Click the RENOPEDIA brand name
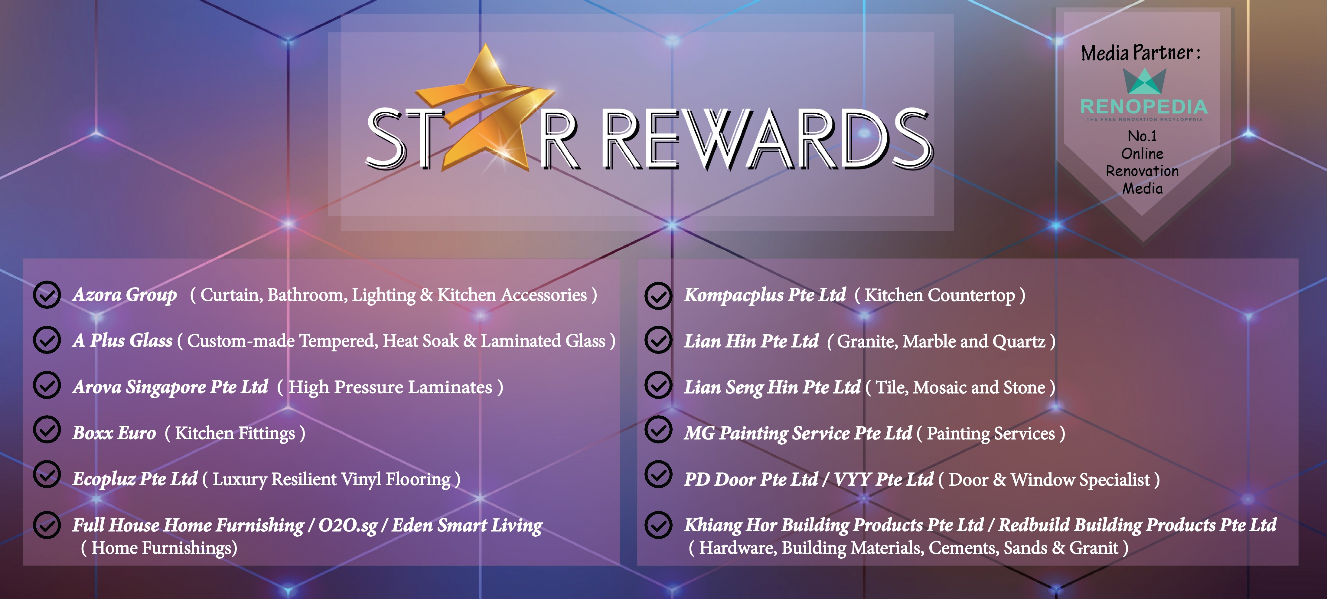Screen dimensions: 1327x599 click(x=1144, y=107)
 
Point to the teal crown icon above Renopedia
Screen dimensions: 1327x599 click(x=1144, y=81)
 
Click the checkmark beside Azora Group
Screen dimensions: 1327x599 click(x=47, y=295)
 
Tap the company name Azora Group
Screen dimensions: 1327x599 click(x=125, y=295)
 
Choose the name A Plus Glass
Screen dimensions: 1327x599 click(x=122, y=341)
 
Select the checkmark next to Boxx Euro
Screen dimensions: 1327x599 click(x=47, y=430)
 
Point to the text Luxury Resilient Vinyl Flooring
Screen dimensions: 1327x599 click(x=331, y=479)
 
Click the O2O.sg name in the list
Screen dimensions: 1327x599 click(x=348, y=525)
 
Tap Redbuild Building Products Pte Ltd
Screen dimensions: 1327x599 click(x=1137, y=525)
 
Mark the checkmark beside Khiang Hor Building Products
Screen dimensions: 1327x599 click(x=658, y=525)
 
